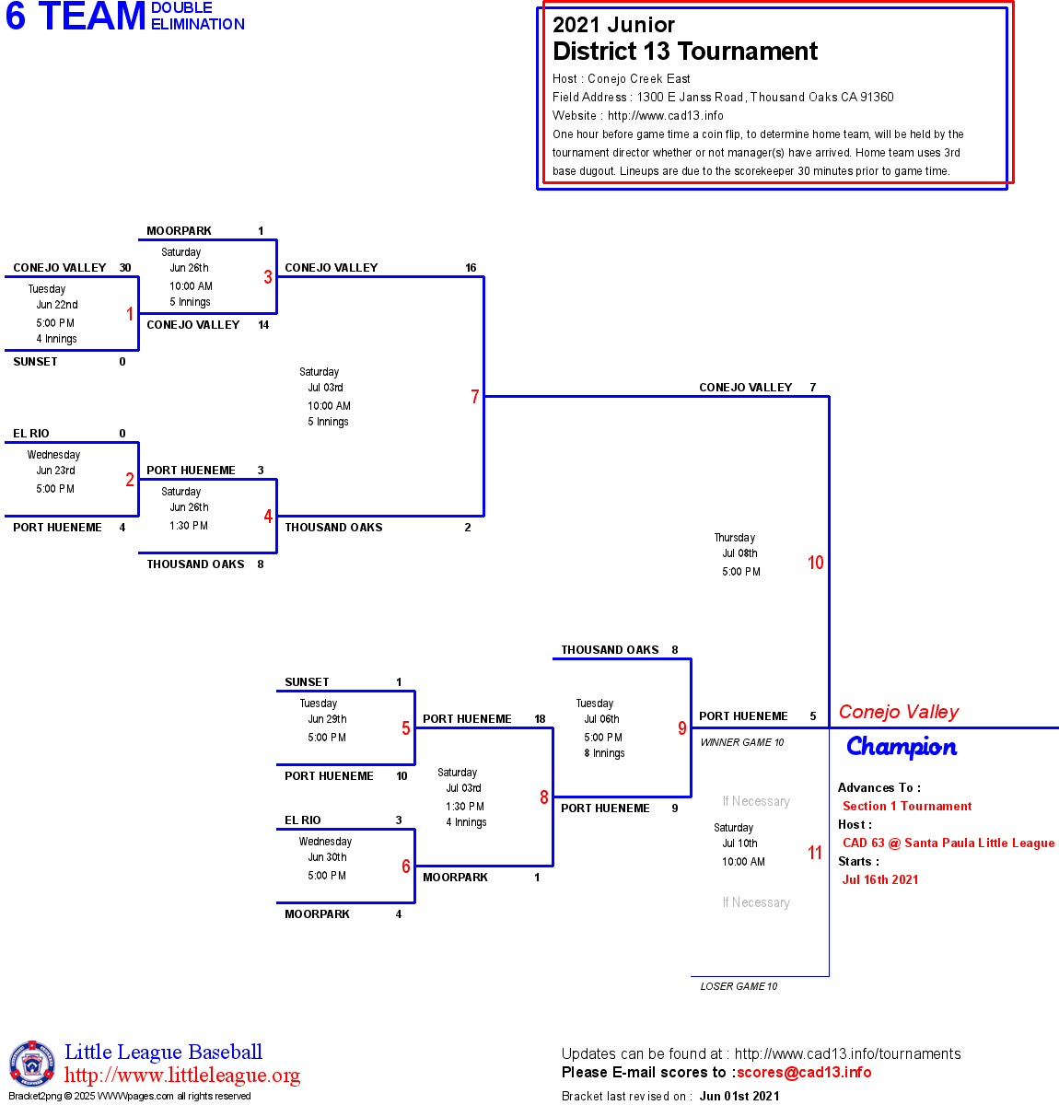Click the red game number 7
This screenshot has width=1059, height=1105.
475,397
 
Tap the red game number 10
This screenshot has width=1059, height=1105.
816,563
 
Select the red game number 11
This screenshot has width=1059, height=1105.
815,853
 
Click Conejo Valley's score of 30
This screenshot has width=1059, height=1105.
125,268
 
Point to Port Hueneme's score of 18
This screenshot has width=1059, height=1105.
540,719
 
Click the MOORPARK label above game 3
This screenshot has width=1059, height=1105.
180,231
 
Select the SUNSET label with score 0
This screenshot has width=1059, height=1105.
36,362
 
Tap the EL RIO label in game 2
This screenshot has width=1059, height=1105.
31,434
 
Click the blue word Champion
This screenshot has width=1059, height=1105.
902,747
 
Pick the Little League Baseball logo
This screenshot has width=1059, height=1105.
32,1064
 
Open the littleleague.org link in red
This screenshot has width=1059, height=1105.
182,1076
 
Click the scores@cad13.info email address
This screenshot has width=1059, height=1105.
804,1072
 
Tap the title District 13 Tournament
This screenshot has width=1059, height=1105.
685,52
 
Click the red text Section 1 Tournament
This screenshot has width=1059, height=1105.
907,806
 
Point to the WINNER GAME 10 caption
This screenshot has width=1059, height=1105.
742,742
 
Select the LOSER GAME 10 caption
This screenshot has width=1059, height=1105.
739,986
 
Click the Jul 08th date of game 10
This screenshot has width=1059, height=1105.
739,553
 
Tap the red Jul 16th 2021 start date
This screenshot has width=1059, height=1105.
880,879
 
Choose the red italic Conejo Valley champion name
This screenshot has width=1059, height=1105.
899,712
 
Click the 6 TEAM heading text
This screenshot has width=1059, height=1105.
76,17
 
